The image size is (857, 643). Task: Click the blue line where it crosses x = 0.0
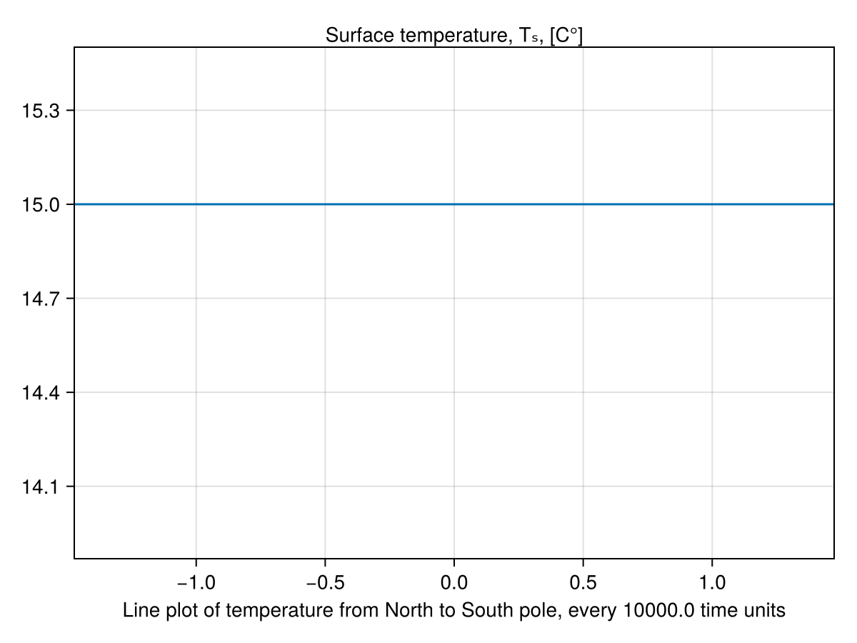pyautogui.click(x=454, y=204)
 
